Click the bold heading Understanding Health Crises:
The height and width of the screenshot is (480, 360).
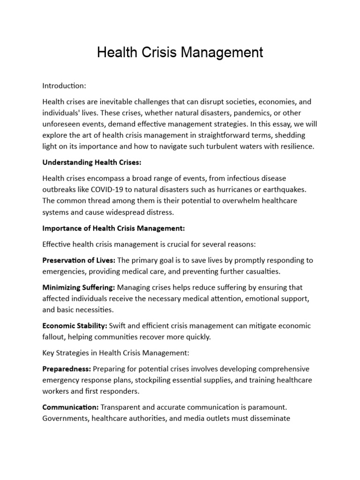point(85,162)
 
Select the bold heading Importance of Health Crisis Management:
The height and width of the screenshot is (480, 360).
point(114,228)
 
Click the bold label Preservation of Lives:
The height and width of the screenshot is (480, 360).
point(79,260)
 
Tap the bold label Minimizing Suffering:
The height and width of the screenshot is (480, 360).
point(78,287)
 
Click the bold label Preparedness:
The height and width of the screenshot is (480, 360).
point(66,368)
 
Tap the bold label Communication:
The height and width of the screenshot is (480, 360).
point(70,407)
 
